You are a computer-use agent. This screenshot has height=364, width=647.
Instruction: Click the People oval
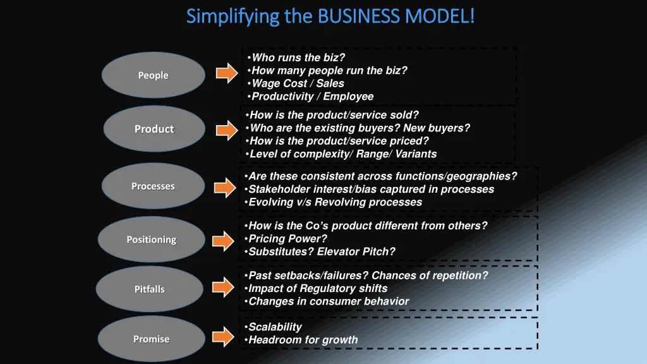coord(154,75)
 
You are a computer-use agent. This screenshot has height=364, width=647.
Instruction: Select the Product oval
coord(154,129)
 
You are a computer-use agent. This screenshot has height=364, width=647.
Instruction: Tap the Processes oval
coord(153,186)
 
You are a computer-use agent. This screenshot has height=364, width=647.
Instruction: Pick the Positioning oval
coord(151,240)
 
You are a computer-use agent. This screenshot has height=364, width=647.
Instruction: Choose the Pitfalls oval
coord(149,289)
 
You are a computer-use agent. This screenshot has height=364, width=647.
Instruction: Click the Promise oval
coord(151,339)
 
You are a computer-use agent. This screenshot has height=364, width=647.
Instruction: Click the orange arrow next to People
coord(227,74)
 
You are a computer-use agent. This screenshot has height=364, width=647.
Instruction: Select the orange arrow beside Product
coord(227,131)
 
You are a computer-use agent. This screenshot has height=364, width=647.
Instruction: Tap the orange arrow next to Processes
coord(224,187)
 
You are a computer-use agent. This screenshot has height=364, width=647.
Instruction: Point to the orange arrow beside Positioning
coord(223,241)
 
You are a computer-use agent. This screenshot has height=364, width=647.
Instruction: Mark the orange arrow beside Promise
coord(223,336)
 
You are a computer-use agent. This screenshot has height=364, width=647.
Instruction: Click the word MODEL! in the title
coord(441,15)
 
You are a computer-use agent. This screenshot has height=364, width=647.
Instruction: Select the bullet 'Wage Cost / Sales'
coord(298,83)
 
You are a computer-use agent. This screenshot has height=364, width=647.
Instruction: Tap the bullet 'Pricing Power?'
coord(287,239)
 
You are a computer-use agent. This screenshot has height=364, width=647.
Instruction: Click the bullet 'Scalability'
coord(275,327)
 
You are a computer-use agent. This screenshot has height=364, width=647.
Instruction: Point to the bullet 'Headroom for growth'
coord(303,340)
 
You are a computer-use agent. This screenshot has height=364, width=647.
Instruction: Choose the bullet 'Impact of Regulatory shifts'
coord(309,288)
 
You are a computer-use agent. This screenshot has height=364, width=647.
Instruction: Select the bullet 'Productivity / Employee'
coord(312,97)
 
